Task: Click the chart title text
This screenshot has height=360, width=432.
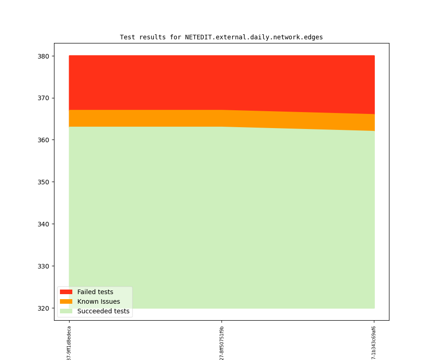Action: click(x=221, y=37)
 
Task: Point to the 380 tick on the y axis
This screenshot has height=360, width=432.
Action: click(x=44, y=56)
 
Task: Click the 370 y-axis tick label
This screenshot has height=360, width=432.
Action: click(x=44, y=98)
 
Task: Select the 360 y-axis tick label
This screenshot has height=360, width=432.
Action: click(x=44, y=140)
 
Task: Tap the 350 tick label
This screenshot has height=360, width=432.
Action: click(x=44, y=182)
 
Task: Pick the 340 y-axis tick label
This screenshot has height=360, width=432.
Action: click(x=44, y=224)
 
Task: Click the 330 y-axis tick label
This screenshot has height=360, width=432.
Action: click(x=44, y=266)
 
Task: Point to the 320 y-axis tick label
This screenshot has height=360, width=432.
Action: click(x=44, y=308)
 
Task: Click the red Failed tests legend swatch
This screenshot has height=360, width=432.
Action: click(x=66, y=292)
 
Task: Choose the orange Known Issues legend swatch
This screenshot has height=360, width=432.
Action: click(x=66, y=301)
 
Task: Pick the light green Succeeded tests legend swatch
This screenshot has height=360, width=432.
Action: click(x=66, y=311)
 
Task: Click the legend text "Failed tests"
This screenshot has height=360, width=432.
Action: click(x=95, y=292)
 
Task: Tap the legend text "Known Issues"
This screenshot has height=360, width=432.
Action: click(x=98, y=301)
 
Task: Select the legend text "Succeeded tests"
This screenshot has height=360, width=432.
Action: click(x=103, y=311)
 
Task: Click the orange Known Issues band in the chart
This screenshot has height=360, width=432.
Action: click(x=183, y=118)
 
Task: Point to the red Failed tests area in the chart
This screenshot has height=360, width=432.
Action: click(x=220, y=82)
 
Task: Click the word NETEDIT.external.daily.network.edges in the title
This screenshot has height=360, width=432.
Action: click(x=254, y=37)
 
